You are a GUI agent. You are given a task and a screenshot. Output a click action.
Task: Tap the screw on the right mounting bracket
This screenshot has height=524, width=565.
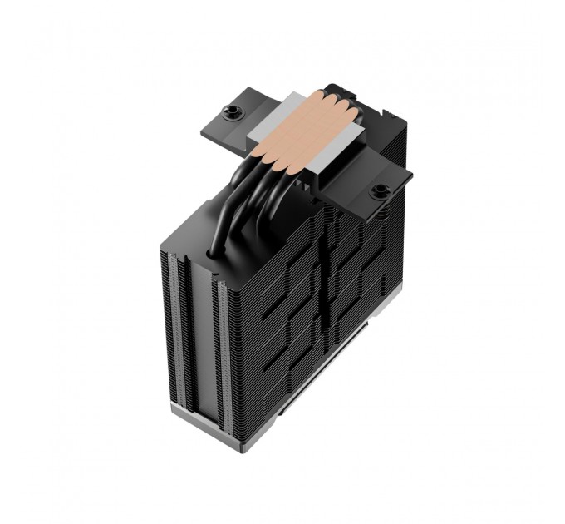[x=381, y=192]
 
